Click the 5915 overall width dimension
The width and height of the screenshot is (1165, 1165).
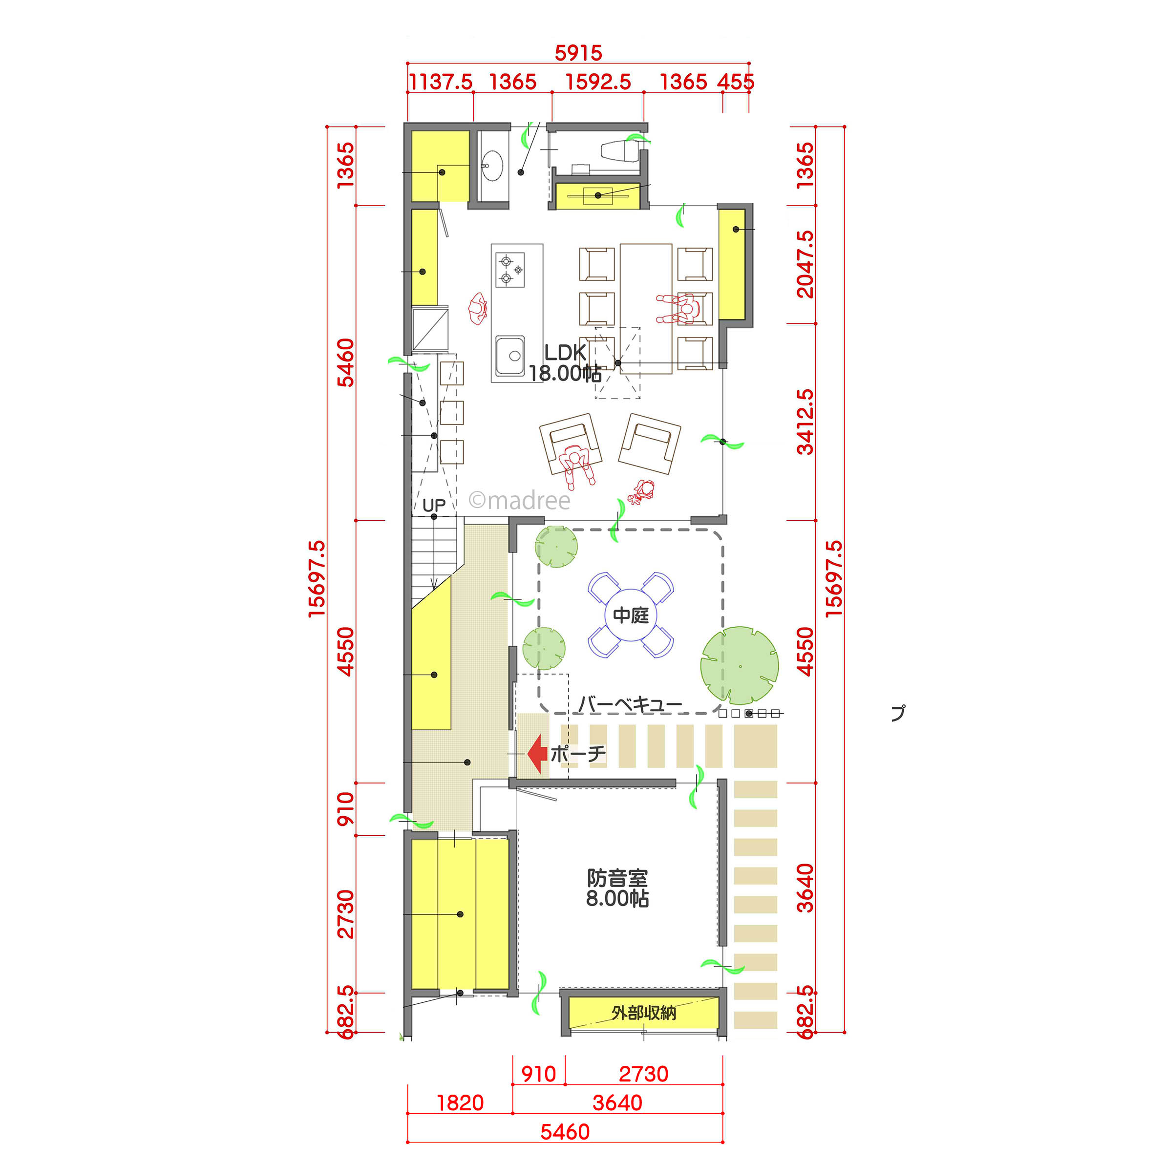pos(578,53)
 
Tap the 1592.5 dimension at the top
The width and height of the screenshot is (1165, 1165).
pos(598,82)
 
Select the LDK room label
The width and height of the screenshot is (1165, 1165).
pos(565,353)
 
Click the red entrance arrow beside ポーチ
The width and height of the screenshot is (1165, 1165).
pos(537,753)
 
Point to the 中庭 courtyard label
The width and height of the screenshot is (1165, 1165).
pos(631,615)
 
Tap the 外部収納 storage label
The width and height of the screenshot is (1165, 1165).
pos(643,1013)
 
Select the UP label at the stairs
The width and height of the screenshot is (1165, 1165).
pos(434,505)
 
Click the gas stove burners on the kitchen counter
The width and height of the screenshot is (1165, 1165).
pos(509,270)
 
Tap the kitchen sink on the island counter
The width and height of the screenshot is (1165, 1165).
pos(510,355)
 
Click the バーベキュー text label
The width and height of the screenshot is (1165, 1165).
pos(630,704)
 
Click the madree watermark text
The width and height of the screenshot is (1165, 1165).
pos(519,501)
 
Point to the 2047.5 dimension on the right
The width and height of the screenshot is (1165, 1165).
pos(805,264)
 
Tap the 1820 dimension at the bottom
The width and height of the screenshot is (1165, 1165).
pos(460,1103)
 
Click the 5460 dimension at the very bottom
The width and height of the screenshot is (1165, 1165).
pos(565,1132)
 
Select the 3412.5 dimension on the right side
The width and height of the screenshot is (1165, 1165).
pos(805,422)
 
